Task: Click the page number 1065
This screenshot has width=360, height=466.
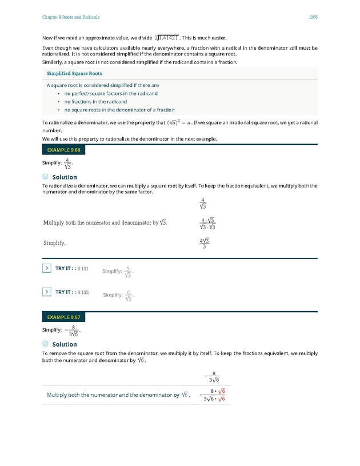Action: point(313,17)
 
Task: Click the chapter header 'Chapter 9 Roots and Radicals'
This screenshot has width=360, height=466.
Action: point(71,17)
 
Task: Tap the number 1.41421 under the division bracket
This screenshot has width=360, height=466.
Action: point(169,37)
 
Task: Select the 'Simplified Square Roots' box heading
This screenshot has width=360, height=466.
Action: point(70,74)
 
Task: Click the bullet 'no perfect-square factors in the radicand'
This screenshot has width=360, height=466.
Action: point(111,93)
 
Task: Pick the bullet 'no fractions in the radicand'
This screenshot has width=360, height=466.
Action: point(95,102)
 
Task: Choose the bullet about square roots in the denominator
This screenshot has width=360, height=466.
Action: point(119,110)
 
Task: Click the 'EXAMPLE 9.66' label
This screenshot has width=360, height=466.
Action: point(63,150)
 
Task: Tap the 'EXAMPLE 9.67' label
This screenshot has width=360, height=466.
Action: point(63,317)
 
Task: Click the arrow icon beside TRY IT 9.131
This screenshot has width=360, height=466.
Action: point(47,268)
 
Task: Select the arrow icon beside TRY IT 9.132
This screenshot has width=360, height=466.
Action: point(47,292)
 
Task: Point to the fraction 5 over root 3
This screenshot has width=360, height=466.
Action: point(129,272)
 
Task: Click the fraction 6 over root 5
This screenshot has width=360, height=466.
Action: point(129,296)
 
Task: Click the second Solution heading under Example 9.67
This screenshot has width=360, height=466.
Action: point(64,344)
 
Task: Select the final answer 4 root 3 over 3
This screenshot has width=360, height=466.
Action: point(203,244)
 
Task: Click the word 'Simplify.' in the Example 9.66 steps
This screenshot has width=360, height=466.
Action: point(55,243)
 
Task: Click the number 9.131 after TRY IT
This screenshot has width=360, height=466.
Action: point(82,268)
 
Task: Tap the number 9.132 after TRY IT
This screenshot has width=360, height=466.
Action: point(82,292)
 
